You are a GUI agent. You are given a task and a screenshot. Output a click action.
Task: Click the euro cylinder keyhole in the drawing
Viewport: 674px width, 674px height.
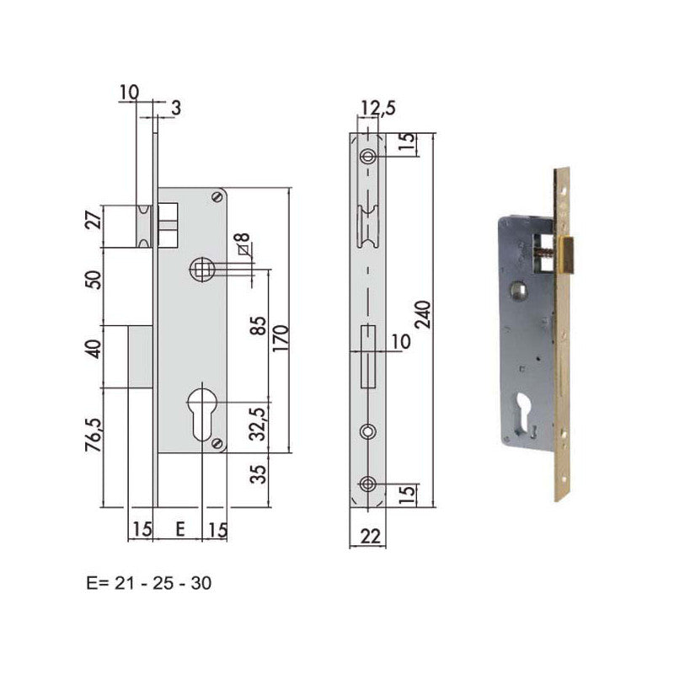203,412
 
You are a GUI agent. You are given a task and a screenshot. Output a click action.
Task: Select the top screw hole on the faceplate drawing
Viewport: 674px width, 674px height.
368,158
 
